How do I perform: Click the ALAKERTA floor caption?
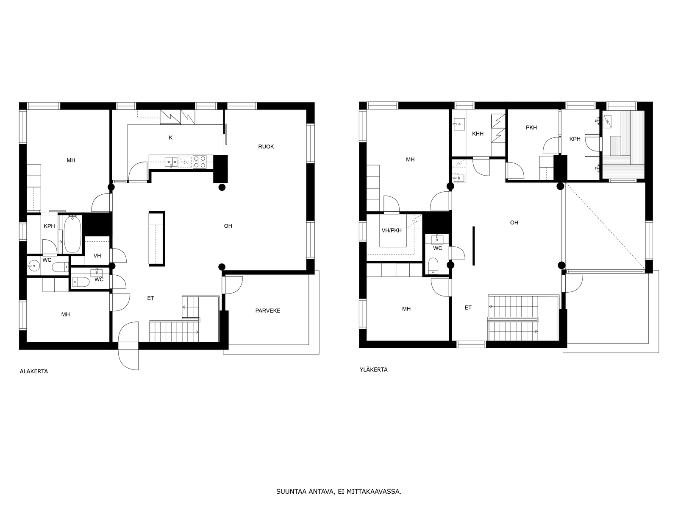[34, 371]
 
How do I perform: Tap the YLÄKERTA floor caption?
[373, 369]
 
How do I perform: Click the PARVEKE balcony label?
[267, 310]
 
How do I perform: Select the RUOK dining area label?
[266, 146]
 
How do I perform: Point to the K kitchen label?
[170, 137]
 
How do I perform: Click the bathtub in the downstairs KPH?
[72, 234]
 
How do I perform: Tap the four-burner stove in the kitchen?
[200, 162]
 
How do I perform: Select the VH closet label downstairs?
[97, 256]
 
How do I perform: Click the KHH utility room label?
[478, 134]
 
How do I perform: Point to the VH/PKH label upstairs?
[391, 230]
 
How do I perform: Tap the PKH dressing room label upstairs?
[531, 127]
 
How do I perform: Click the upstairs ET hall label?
[468, 308]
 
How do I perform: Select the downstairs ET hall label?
[150, 298]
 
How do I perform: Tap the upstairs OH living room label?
[514, 222]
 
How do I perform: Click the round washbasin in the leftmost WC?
[33, 266]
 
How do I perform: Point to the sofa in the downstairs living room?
[156, 238]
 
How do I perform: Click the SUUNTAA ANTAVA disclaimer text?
[338, 492]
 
